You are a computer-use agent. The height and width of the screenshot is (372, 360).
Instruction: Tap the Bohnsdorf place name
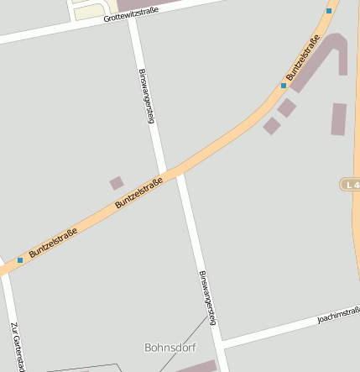(x=169, y=346)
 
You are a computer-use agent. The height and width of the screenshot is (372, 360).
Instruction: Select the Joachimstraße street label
(x=338, y=314)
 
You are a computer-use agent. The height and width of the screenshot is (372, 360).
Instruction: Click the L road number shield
(x=350, y=183)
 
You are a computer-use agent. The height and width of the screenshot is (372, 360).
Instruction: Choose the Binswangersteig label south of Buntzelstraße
(x=211, y=297)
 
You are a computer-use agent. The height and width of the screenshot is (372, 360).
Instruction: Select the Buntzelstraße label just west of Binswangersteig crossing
(x=138, y=191)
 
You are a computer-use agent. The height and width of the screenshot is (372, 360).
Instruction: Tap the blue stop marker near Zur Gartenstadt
(x=20, y=260)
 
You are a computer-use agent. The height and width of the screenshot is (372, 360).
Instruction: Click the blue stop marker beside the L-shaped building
(x=284, y=86)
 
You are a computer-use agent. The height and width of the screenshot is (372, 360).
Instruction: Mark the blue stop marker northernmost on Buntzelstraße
(x=329, y=11)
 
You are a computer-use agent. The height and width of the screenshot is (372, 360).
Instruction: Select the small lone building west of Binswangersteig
(x=117, y=182)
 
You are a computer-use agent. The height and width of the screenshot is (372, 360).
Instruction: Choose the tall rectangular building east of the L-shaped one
(x=338, y=118)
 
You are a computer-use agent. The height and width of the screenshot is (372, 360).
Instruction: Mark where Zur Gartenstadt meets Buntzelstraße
(x=4, y=270)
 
